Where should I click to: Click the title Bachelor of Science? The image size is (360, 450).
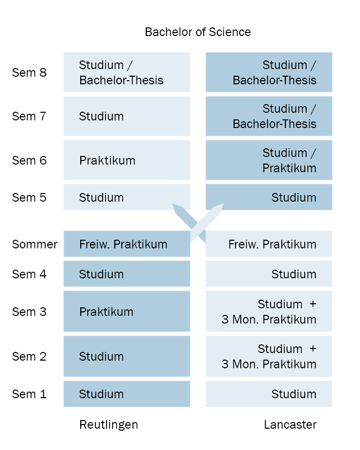(198, 32)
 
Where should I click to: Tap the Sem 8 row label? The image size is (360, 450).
(29, 73)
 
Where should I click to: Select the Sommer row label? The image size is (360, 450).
(35, 244)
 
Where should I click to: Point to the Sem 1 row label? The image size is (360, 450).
(29, 394)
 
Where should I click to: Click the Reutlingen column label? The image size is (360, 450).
(109, 425)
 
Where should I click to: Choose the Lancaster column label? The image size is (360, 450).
(290, 425)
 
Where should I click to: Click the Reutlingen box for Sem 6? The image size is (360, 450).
(127, 160)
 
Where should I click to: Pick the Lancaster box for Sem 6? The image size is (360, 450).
(269, 160)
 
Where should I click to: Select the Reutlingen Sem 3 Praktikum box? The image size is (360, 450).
(127, 311)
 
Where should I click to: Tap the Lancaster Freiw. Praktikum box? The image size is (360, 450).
(269, 244)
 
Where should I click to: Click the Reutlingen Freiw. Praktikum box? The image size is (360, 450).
(127, 244)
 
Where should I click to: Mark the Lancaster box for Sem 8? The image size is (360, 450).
(269, 72)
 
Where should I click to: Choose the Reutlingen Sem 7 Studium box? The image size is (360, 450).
(127, 116)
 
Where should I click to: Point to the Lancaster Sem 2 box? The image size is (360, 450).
(269, 357)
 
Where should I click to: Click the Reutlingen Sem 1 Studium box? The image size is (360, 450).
(127, 394)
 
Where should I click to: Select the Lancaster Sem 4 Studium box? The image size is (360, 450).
(269, 274)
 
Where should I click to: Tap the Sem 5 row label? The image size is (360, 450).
(29, 198)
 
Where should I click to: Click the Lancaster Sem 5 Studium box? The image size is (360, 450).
(269, 197)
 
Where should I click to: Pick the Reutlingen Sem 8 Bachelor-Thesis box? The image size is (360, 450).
(127, 72)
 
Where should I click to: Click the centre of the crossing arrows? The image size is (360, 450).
(198, 223)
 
